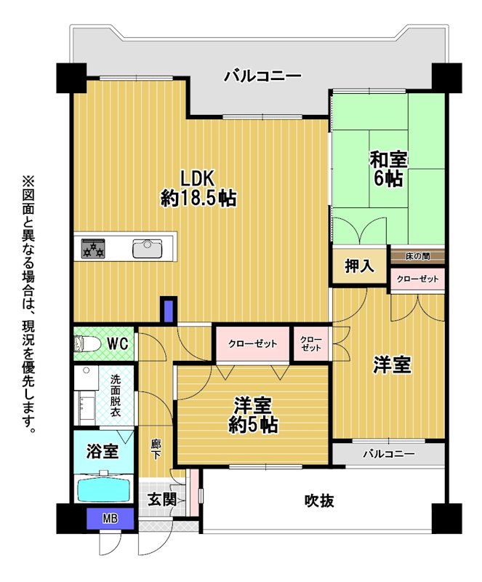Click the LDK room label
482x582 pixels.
click(198, 188)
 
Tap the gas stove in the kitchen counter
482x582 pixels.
click(93, 249)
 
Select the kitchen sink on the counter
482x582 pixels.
click(148, 249)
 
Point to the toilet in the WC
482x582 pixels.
click(87, 343)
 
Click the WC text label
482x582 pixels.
click(118, 343)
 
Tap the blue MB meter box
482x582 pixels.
click(111, 518)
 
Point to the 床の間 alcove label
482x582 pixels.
click(418, 257)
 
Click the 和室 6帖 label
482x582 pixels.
click(388, 169)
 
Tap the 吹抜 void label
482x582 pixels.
click(319, 501)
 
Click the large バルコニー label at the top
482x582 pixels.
click(262, 76)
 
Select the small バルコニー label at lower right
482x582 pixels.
click(388, 453)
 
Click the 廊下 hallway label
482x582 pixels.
click(156, 449)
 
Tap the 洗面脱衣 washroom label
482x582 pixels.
click(116, 395)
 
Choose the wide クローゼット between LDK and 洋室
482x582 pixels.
click(253, 343)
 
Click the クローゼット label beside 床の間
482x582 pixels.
click(418, 279)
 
